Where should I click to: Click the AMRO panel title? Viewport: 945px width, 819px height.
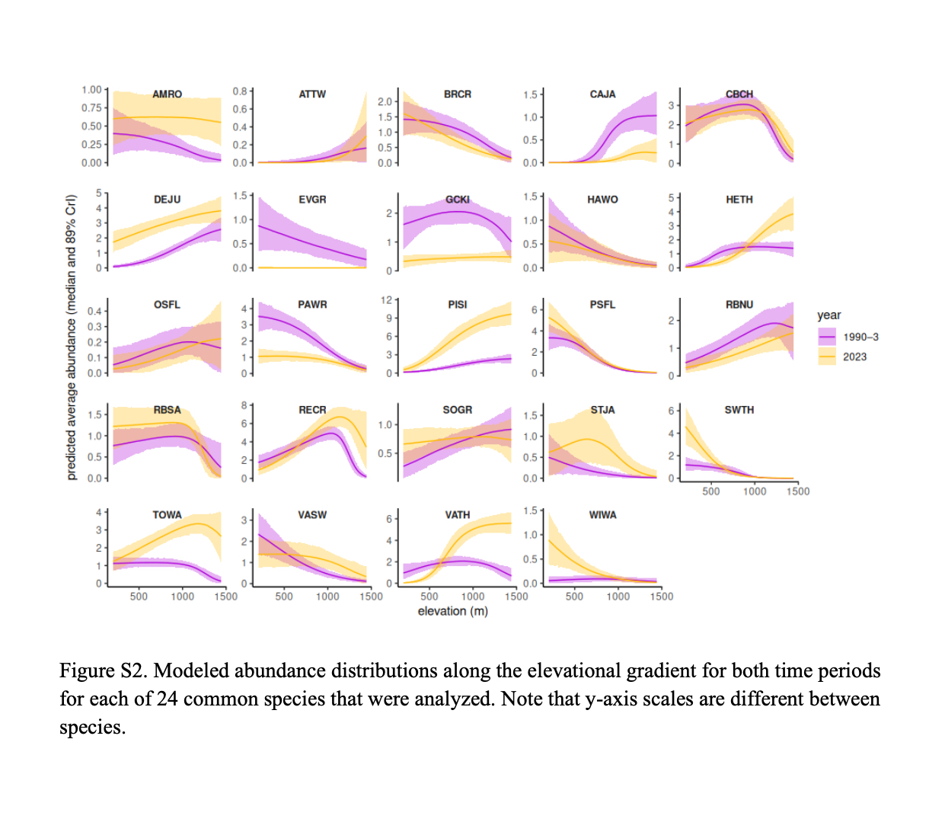[x=167, y=94]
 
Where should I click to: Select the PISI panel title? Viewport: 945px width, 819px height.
[x=457, y=305]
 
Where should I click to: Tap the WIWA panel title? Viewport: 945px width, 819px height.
[x=602, y=515]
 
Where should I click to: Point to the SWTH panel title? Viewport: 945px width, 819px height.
[x=739, y=410]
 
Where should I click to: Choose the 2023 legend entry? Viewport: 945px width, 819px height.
[x=854, y=357]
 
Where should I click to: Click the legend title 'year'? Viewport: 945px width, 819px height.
[x=828, y=315]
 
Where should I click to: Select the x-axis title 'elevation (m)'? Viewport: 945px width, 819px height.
[x=452, y=611]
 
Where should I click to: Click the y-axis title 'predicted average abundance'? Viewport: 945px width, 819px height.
[x=72, y=338]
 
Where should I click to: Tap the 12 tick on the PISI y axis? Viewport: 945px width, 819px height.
[x=386, y=300]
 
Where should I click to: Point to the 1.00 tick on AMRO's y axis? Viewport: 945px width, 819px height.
[x=91, y=90]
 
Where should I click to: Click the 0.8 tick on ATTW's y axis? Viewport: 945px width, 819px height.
[x=240, y=91]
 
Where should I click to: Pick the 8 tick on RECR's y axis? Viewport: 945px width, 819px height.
[x=244, y=405]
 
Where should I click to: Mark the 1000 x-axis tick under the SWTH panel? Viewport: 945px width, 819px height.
[x=754, y=491]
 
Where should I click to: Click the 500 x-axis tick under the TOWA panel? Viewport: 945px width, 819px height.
[x=139, y=597]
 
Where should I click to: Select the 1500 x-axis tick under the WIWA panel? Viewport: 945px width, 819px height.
[x=661, y=597]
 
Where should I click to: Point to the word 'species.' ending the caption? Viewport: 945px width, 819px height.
[x=92, y=728]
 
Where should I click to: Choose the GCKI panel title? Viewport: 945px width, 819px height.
[x=457, y=200]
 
